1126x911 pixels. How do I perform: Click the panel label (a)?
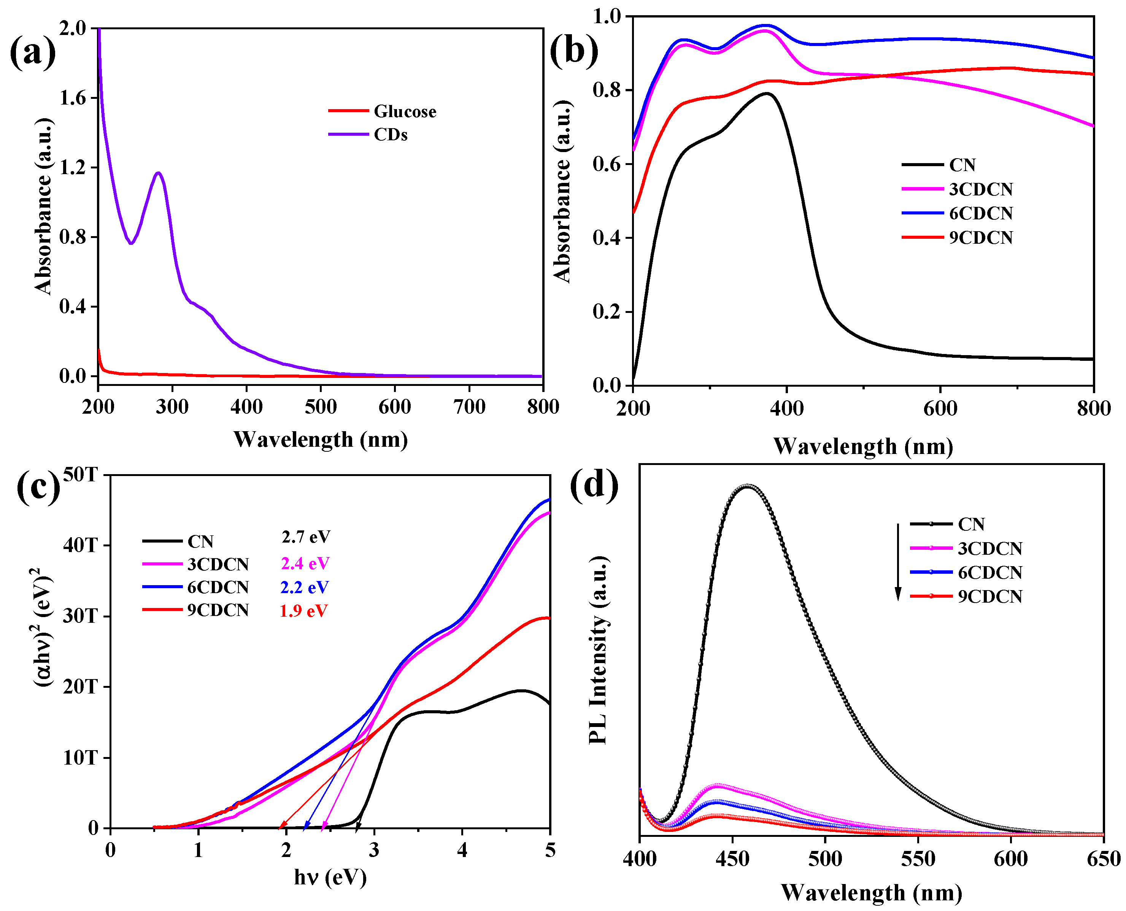point(33,52)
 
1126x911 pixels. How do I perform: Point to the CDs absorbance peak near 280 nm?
point(158,173)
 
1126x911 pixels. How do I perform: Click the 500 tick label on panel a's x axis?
point(320,407)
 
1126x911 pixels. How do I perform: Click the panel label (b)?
point(573,51)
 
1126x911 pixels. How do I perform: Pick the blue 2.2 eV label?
point(305,587)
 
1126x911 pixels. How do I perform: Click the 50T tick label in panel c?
point(80,475)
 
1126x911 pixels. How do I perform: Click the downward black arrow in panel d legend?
point(898,562)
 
